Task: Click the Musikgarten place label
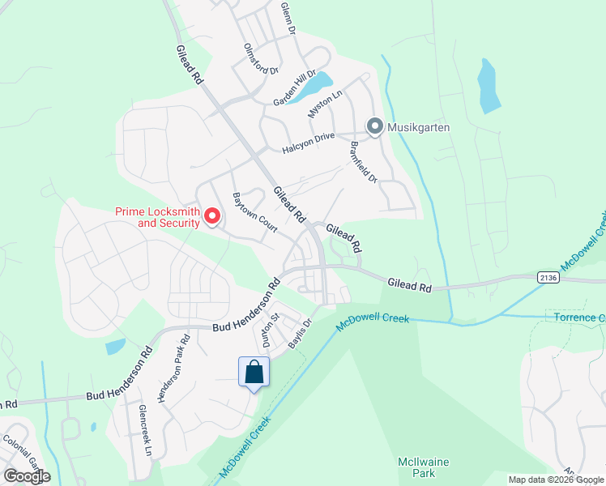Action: [418, 127]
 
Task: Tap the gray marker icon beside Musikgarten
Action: [374, 126]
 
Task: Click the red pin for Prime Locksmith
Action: [212, 215]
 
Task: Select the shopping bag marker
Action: [254, 372]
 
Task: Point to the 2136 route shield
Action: [548, 277]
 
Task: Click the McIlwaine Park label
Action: [418, 467]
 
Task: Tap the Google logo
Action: [27, 475]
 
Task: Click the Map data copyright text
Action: [555, 480]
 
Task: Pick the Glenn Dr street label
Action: [288, 17]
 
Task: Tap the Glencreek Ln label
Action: [145, 428]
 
